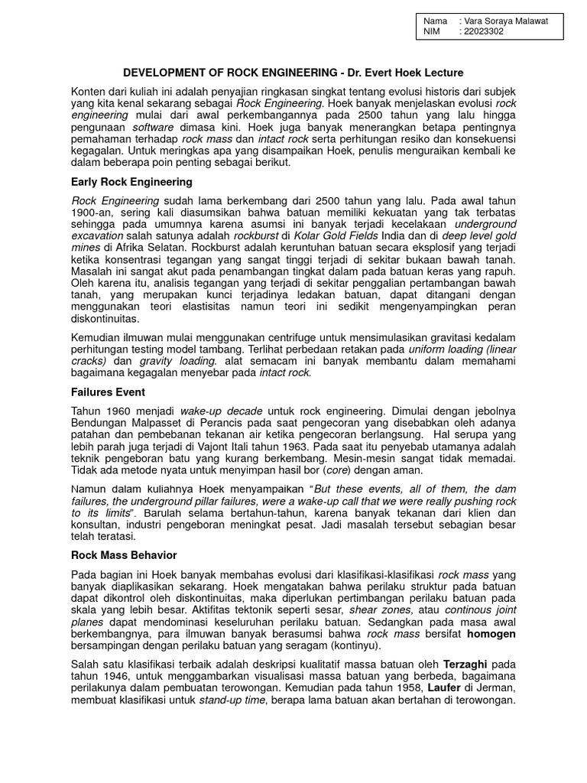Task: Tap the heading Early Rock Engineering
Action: pos(131,182)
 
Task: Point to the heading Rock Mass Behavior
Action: pos(125,554)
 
